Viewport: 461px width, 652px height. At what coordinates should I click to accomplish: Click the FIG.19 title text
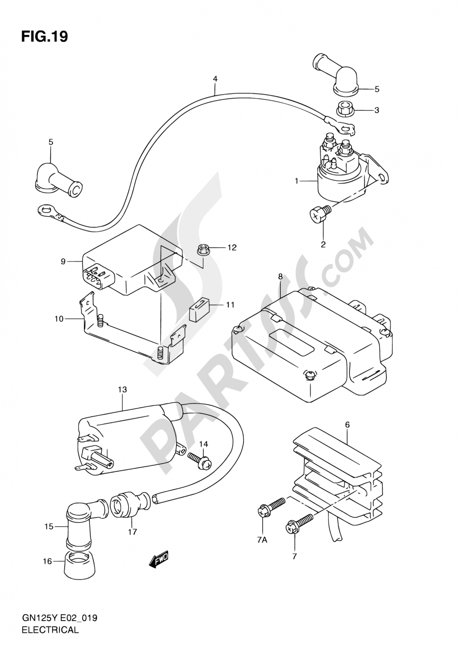(45, 37)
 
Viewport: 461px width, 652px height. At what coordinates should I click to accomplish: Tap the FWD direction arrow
(159, 558)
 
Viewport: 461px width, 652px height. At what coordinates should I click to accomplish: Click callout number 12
(232, 248)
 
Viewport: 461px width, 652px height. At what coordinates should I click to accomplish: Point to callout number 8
(280, 277)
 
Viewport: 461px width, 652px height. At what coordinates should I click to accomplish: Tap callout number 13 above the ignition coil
(123, 390)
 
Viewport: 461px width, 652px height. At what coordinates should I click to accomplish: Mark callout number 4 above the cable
(215, 79)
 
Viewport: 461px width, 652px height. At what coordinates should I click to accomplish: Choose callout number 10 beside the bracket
(59, 319)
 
